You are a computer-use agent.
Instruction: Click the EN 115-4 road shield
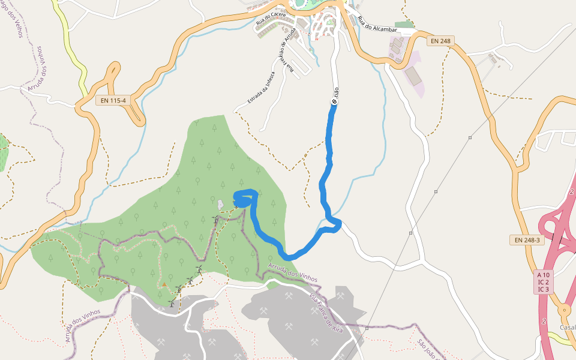point(114,100)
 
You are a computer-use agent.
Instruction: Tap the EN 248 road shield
point(440,41)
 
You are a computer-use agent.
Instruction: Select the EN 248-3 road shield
point(527,240)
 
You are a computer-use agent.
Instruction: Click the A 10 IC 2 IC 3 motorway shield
point(544,281)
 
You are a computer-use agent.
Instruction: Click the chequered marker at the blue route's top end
point(334,102)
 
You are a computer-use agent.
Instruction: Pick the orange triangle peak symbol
point(164,284)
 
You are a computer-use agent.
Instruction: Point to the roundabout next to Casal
point(564,310)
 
